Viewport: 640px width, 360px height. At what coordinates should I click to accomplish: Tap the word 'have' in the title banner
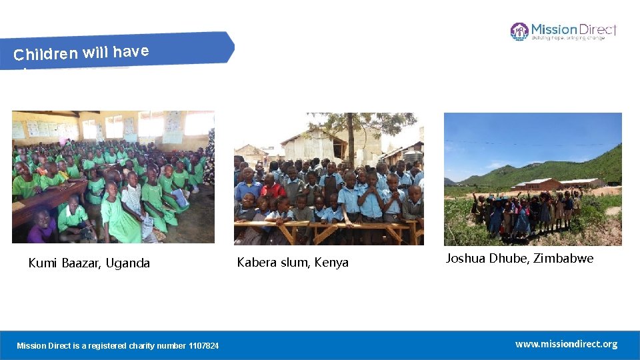(x=131, y=51)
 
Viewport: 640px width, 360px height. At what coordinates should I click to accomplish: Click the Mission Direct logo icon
(x=519, y=31)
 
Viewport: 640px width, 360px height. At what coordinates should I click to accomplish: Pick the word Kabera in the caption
(x=257, y=263)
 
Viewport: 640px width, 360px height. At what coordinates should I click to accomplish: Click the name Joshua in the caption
(x=465, y=259)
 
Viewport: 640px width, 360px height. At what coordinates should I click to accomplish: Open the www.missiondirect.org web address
(x=566, y=344)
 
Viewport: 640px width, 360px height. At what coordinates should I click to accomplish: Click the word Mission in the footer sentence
(x=30, y=345)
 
